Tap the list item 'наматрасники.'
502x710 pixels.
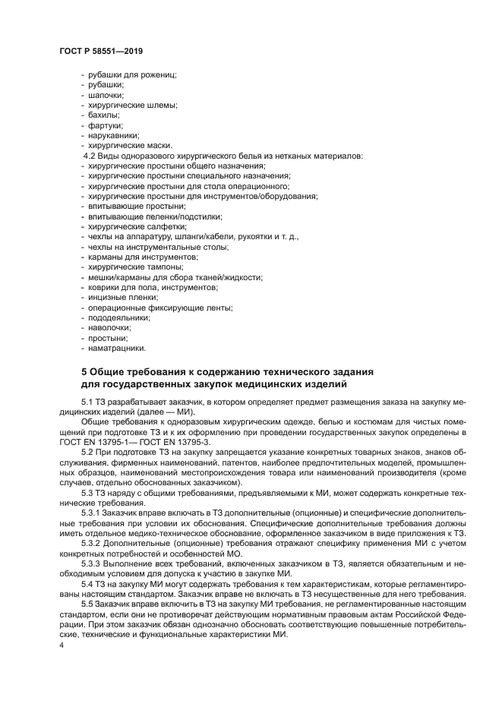click(x=116, y=349)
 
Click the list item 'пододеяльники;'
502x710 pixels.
click(x=118, y=318)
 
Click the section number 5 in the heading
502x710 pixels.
click(x=84, y=372)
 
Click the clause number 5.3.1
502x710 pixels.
click(x=92, y=515)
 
